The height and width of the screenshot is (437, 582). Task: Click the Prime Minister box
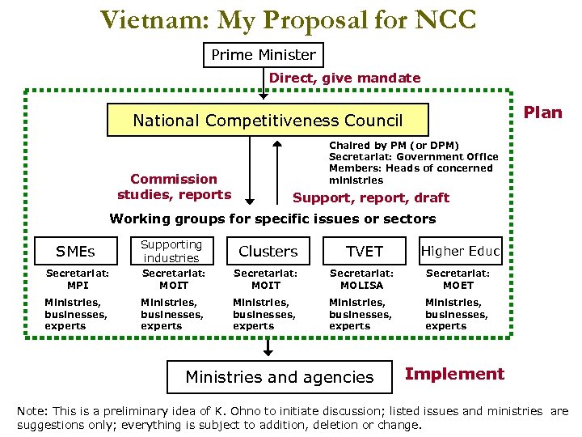(263, 55)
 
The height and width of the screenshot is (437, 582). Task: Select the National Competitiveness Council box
(268, 121)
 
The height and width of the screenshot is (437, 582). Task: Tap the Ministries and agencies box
(280, 376)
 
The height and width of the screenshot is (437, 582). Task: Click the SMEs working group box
(75, 251)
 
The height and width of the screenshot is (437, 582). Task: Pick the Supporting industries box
(171, 251)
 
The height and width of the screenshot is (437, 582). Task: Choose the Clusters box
(268, 251)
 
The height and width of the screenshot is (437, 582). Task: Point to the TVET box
(365, 251)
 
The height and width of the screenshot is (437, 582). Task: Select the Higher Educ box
(461, 251)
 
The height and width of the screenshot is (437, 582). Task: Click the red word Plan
(542, 112)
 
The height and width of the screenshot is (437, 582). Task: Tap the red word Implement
(454, 374)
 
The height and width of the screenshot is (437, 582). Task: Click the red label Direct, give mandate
(344, 78)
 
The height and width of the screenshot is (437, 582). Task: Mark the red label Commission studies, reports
(174, 186)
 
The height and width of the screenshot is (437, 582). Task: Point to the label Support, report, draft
(370, 197)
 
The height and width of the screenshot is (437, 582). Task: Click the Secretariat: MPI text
(78, 279)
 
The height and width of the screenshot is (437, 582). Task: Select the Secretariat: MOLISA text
(361, 279)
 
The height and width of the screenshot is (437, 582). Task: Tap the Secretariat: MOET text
(458, 279)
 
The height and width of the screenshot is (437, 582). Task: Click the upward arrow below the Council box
(276, 170)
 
